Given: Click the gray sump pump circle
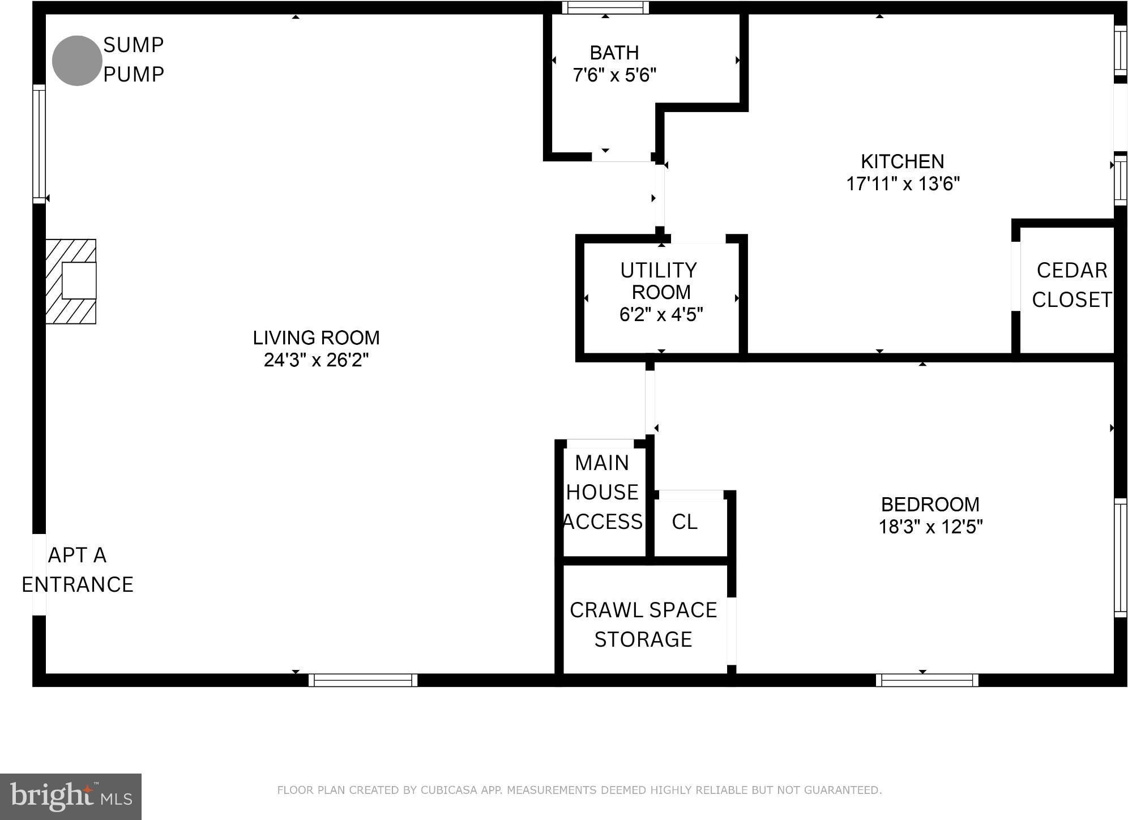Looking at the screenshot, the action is pyautogui.click(x=77, y=61).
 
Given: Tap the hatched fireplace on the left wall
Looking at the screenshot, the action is pyautogui.click(x=71, y=281).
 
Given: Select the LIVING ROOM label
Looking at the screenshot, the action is pyautogui.click(x=316, y=338).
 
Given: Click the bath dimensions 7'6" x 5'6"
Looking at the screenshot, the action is pyautogui.click(x=614, y=75).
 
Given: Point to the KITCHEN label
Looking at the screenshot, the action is pyautogui.click(x=903, y=161).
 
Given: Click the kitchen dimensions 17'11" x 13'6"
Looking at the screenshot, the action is pyautogui.click(x=903, y=183).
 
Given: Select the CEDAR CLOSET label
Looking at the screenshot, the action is pyautogui.click(x=1071, y=285).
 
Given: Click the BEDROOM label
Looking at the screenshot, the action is pyautogui.click(x=930, y=504).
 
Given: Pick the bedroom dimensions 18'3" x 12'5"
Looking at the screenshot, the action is pyautogui.click(x=930, y=527).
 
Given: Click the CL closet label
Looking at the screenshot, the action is pyautogui.click(x=685, y=522).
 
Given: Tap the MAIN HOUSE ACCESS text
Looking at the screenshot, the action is pyautogui.click(x=603, y=492).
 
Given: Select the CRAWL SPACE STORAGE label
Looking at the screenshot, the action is pyautogui.click(x=643, y=625).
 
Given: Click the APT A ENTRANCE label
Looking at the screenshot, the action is pyautogui.click(x=77, y=570).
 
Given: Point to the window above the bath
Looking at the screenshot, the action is pyautogui.click(x=605, y=7).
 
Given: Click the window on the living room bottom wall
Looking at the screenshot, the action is pyautogui.click(x=363, y=680).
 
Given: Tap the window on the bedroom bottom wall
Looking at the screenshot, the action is pyautogui.click(x=927, y=680).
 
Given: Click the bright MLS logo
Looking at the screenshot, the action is pyautogui.click(x=71, y=796).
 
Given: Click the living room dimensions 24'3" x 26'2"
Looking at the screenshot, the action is pyautogui.click(x=316, y=360).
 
